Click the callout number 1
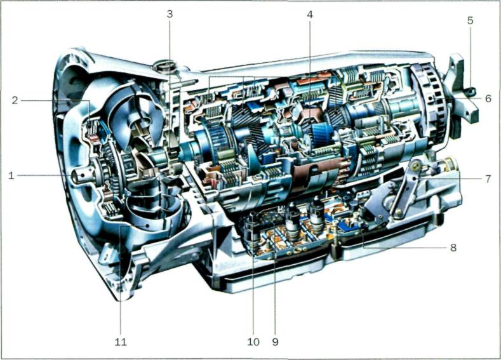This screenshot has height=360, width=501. click(x=11, y=175)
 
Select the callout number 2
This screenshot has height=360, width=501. click(x=15, y=100)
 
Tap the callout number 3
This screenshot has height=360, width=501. click(x=170, y=15)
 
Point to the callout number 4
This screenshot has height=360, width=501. click(x=309, y=15)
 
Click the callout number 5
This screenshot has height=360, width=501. click(x=470, y=21)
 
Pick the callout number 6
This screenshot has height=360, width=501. click(x=488, y=98)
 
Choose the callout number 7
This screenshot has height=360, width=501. click(x=488, y=179)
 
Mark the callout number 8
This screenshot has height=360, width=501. click(x=453, y=248)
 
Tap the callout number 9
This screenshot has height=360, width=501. click(x=275, y=342)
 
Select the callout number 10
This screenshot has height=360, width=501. click(x=253, y=342)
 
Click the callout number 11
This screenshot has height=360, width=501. click(x=121, y=342)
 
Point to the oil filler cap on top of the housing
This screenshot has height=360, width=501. click(x=164, y=66)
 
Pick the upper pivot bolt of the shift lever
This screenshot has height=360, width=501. click(x=416, y=166)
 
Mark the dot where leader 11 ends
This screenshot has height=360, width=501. click(x=147, y=225)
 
